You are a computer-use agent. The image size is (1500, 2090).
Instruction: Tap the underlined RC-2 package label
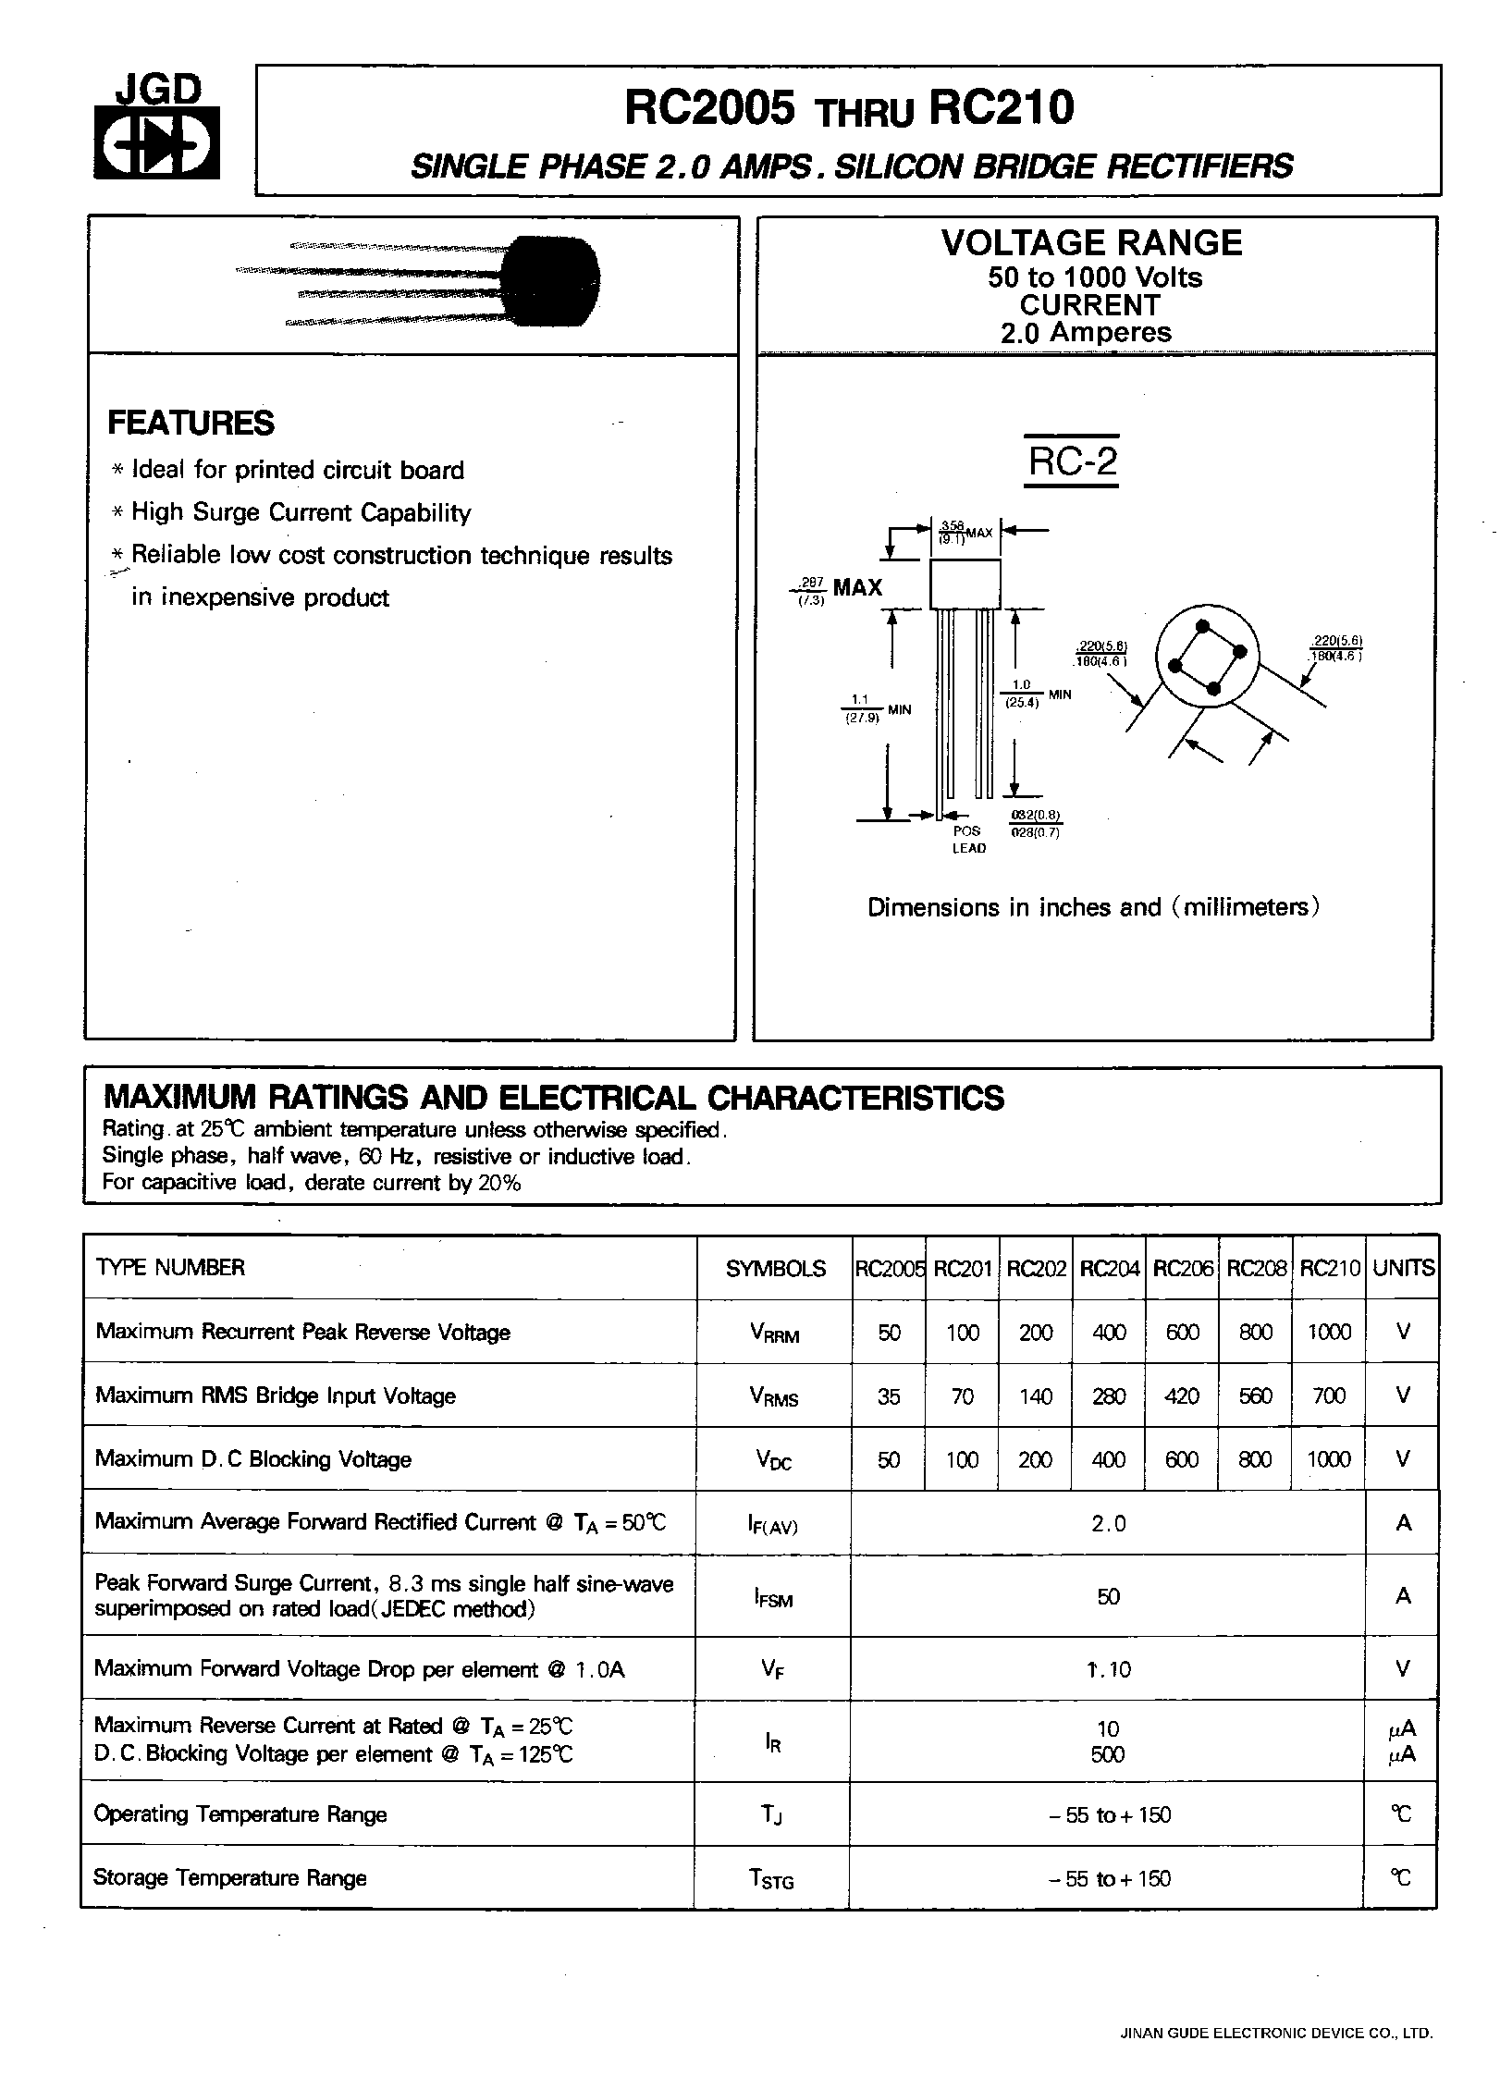(1072, 461)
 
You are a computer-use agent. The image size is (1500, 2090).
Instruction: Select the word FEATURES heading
(191, 424)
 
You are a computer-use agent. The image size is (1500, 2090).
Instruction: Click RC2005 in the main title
(709, 109)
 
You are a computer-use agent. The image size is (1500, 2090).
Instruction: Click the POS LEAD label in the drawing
(968, 840)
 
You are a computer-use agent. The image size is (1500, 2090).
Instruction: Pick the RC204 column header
(1109, 1268)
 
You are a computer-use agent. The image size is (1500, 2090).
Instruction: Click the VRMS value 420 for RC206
(1182, 1395)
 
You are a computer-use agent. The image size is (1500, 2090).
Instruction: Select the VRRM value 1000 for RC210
(1329, 1332)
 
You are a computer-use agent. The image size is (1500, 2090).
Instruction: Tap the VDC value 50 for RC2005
(888, 1459)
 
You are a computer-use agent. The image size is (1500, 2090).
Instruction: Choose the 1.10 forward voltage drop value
(1109, 1669)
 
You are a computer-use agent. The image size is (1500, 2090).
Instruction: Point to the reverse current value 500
(1108, 1754)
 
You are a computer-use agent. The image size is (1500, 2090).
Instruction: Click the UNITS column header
(1403, 1268)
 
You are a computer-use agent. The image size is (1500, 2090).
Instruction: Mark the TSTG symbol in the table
(771, 1879)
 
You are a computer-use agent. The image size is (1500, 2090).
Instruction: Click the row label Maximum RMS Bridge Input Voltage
(276, 1395)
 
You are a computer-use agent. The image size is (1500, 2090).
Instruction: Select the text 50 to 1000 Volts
(1095, 277)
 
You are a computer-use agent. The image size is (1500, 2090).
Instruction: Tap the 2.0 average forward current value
(1108, 1523)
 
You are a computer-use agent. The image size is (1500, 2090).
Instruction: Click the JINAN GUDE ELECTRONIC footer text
(1276, 2034)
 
